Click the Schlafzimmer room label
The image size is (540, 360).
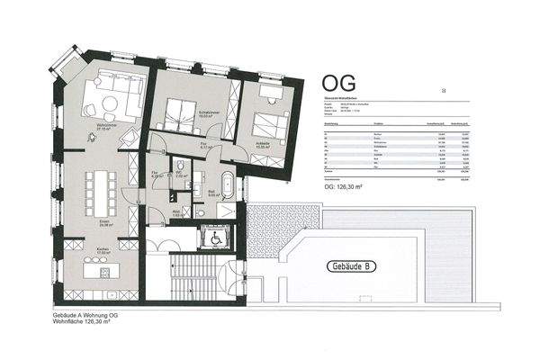point(192,112)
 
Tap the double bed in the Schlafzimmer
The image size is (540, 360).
point(180,110)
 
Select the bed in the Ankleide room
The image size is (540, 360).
point(268,123)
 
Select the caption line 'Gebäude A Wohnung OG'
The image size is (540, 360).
point(85,316)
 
